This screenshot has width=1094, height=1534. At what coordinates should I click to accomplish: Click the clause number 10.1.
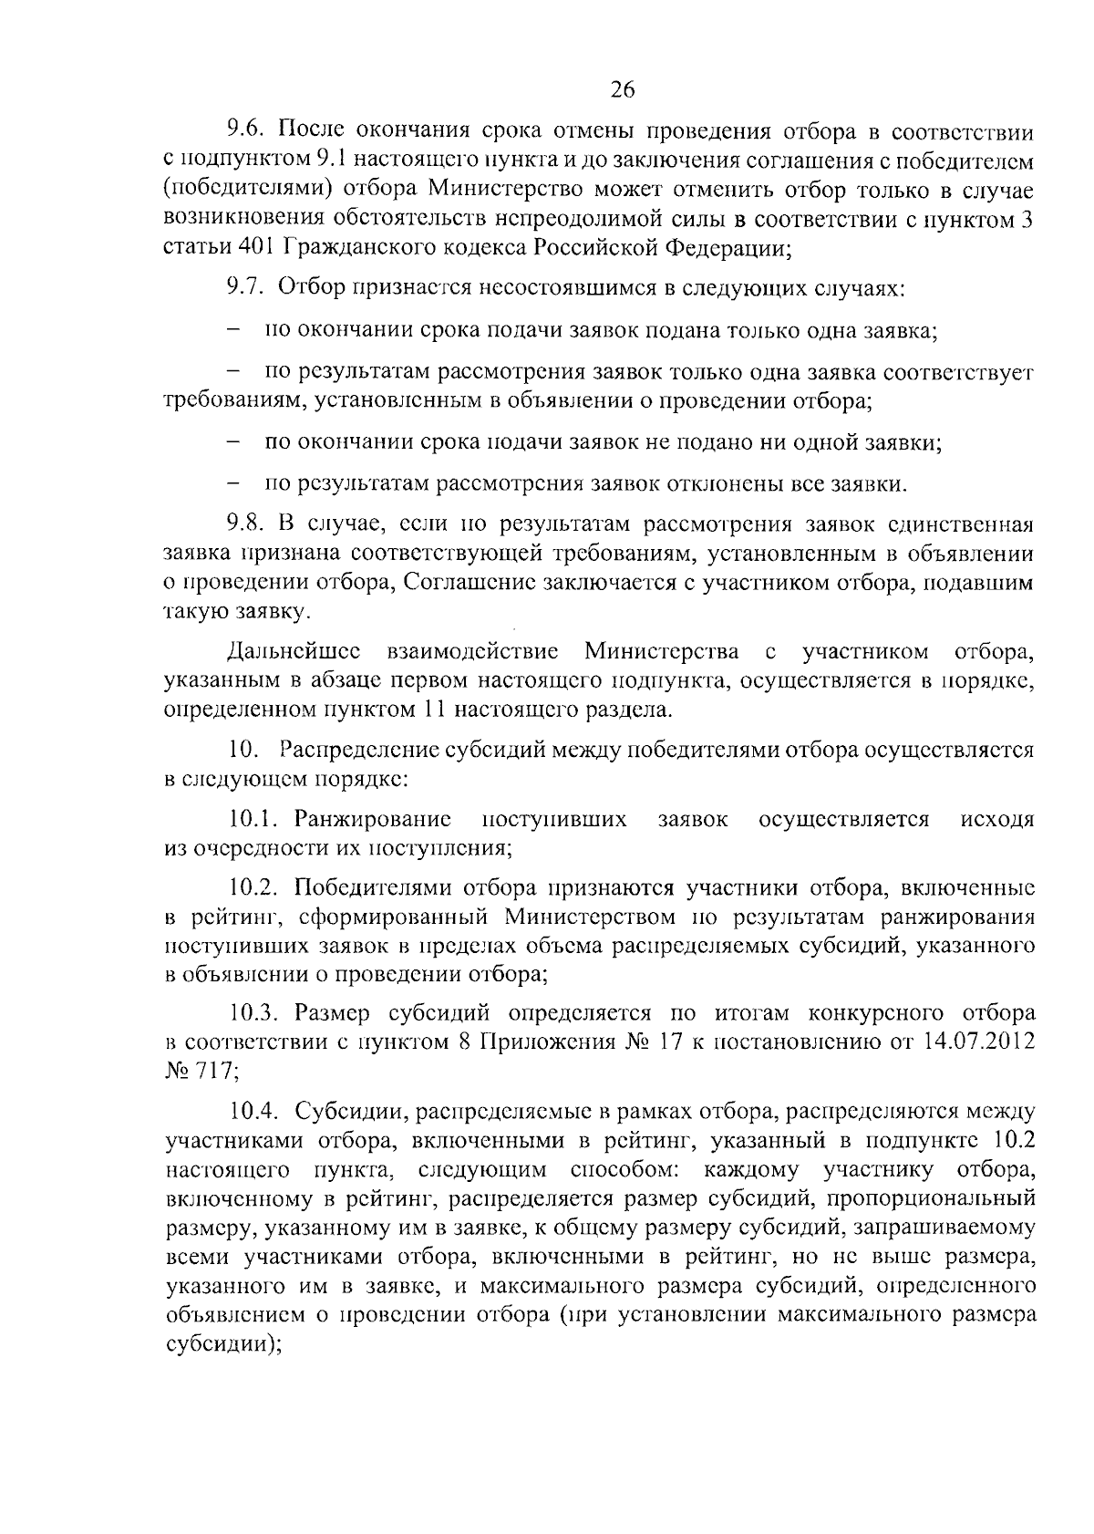pyautogui.click(x=254, y=818)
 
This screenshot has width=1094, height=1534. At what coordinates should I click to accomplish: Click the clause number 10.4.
pyautogui.click(x=254, y=1111)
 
